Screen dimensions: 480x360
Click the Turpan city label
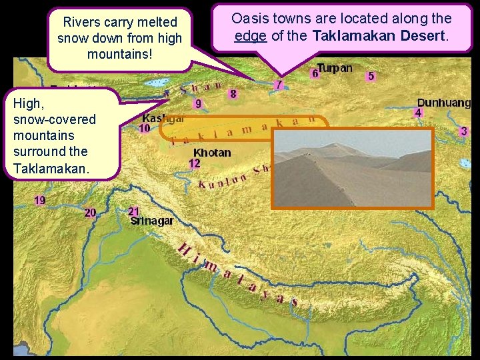point(335,68)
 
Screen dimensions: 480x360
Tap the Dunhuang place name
point(443,103)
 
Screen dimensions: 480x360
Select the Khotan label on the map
point(212,153)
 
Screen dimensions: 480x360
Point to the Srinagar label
point(152,221)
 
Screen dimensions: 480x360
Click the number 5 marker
point(371,76)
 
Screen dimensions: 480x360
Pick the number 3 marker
point(463,131)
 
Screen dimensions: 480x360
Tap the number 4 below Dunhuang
point(418,113)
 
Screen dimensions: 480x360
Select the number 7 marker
point(279,85)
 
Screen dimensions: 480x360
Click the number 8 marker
point(233,94)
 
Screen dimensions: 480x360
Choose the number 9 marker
point(198,103)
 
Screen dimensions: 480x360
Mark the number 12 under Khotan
point(195,163)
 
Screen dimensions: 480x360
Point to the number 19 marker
point(40,200)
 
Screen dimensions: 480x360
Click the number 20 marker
point(90,213)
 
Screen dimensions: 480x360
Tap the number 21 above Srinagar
point(134,211)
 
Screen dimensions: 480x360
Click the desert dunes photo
point(352,167)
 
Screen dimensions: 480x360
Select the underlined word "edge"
point(251,36)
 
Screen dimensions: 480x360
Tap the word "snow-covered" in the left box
point(55,119)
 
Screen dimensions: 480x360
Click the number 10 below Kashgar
point(144,128)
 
